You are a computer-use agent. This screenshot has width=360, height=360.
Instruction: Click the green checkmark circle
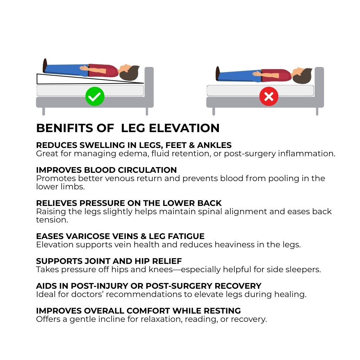click(x=95, y=96)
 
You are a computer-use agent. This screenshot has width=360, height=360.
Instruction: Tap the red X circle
click(x=269, y=96)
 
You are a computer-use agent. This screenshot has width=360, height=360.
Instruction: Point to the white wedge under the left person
click(x=69, y=80)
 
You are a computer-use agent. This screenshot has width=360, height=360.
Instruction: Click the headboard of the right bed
click(x=319, y=87)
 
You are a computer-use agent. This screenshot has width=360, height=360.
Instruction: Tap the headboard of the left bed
click(x=149, y=87)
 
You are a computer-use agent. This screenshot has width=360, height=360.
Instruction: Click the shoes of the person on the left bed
click(x=45, y=66)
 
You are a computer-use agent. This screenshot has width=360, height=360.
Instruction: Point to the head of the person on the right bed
click(x=303, y=75)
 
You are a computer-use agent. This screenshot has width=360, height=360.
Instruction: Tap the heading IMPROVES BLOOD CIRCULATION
click(x=107, y=170)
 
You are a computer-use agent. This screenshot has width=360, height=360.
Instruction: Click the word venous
click(x=120, y=179)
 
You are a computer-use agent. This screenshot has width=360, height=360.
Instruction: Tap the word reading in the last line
click(x=201, y=319)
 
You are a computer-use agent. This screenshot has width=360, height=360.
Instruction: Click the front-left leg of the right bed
click(x=214, y=111)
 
